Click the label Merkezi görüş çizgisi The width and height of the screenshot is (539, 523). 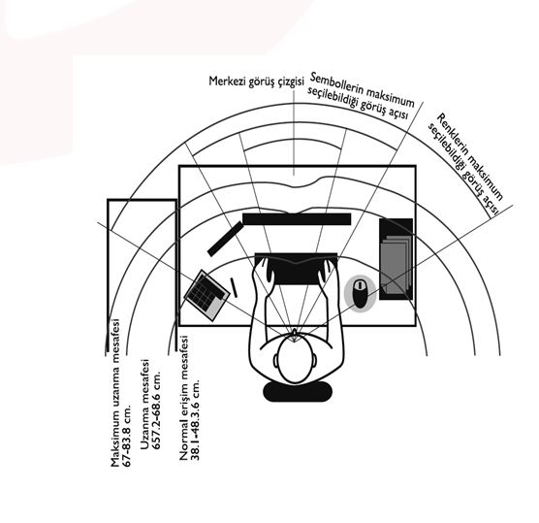pos(257,82)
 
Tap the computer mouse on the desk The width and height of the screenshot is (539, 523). pos(360,293)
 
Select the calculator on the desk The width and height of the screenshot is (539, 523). pos(206,295)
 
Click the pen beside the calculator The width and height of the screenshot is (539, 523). pos(234,287)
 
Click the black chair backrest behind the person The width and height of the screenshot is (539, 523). pos(298,391)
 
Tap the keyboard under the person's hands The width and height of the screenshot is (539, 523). pos(296,269)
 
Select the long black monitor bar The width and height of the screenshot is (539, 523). pos(297,219)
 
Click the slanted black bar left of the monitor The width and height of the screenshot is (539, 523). pos(226,239)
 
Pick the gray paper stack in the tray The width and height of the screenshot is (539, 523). pos(396,264)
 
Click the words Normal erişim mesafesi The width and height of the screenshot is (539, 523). pos(184,398)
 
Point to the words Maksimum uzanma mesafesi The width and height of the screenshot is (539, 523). pos(115,393)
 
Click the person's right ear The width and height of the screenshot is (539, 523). pos(314,360)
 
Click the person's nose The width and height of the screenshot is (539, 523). pos(295,332)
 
